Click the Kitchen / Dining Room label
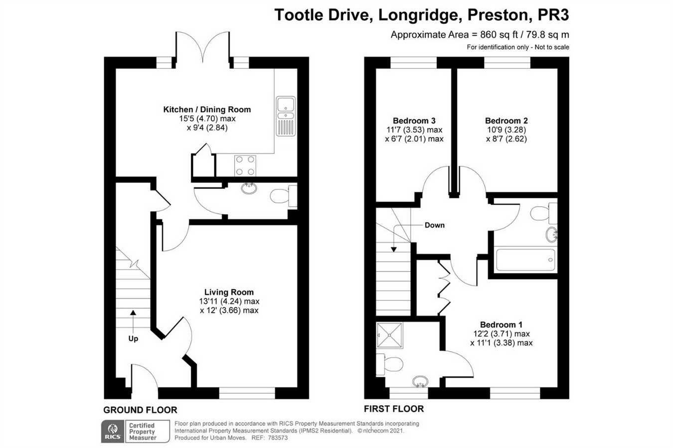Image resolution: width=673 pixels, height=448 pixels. (207, 110)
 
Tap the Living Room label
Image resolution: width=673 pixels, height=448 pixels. (229, 292)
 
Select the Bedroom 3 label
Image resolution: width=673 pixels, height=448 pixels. (414, 121)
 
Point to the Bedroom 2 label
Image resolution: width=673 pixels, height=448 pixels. (506, 121)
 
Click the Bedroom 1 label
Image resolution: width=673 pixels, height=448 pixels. (501, 324)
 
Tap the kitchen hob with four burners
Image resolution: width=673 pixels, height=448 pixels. (245, 165)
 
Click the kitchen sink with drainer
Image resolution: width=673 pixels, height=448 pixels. (286, 116)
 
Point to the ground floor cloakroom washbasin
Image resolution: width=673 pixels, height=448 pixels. (249, 188)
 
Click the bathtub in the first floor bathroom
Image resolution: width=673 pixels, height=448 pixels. (525, 260)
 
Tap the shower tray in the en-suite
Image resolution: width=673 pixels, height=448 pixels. (389, 335)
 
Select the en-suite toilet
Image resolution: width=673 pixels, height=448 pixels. (389, 364)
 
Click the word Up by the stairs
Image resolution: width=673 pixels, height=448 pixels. (133, 339)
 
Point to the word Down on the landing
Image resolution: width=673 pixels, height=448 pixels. (434, 225)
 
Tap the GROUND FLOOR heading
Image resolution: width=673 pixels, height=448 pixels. (140, 410)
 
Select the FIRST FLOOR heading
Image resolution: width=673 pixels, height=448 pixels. (394, 409)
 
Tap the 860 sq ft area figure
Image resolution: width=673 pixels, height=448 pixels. (499, 35)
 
